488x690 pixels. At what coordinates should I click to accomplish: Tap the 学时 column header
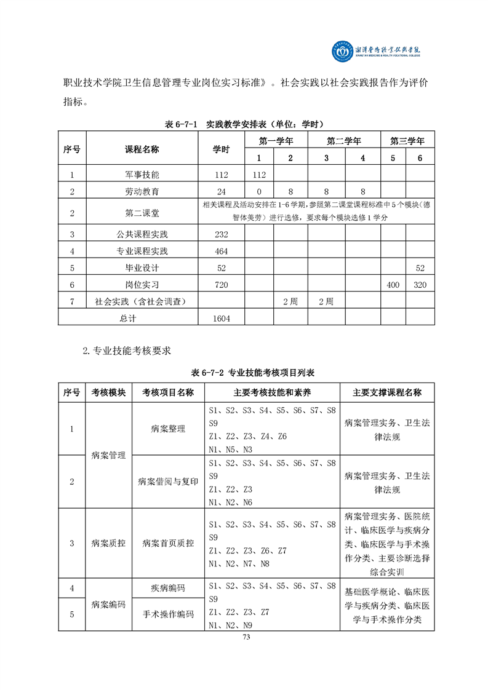click(x=221, y=149)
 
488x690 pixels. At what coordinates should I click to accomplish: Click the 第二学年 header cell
click(x=344, y=141)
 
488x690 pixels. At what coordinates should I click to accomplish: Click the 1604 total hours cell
click(x=221, y=318)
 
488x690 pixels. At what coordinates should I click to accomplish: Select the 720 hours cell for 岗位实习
click(x=221, y=284)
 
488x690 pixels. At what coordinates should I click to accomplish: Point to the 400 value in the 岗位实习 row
click(x=393, y=284)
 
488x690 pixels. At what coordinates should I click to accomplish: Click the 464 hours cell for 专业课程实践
click(x=221, y=251)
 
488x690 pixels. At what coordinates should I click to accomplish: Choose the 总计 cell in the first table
click(x=127, y=318)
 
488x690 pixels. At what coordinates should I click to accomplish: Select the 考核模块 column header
click(x=108, y=392)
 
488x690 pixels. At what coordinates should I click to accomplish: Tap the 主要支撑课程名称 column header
click(x=387, y=392)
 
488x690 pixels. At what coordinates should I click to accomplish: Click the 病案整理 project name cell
click(x=167, y=429)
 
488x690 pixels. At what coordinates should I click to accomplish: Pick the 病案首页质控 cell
click(x=167, y=543)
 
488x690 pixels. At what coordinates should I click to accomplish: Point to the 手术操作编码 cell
click(x=167, y=614)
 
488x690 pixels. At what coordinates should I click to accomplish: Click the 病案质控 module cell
click(x=108, y=543)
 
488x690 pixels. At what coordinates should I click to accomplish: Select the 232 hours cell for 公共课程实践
click(x=221, y=234)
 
